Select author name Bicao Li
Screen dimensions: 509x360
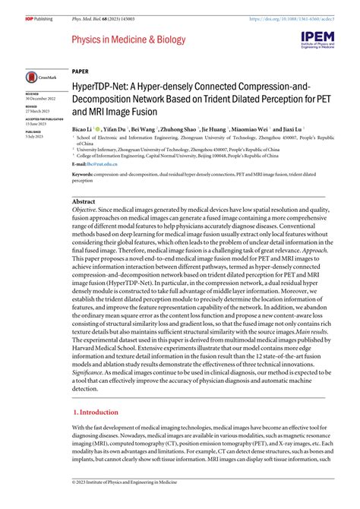point(85,130)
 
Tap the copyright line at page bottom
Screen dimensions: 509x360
point(125,502)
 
